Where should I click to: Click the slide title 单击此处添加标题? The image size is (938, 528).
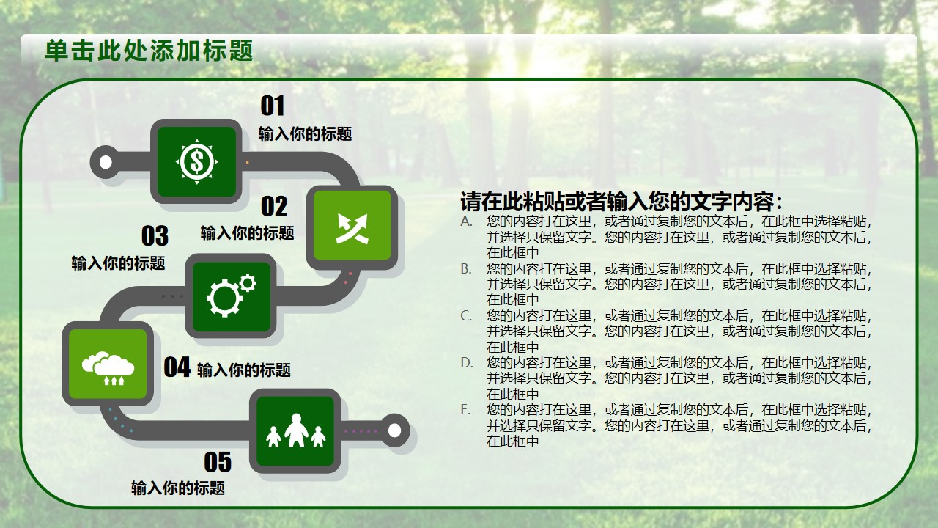pos(149,51)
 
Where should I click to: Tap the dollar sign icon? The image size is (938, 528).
pos(197,161)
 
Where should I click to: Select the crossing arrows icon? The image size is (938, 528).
pos(352,228)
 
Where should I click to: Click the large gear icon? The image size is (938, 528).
pos(224,298)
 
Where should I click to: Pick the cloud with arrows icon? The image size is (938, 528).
pos(108,368)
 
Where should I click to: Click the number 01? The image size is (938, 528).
pos(273,106)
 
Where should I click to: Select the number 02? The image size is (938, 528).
pos(274,206)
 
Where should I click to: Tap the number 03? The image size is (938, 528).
pos(155,236)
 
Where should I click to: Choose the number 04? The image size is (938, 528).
pos(177,367)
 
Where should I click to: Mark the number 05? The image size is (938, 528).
pos(218,462)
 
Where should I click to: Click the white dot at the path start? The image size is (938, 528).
pos(106,162)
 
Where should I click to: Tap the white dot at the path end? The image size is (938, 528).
pos(394,430)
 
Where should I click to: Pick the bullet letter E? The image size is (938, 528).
pos(465,409)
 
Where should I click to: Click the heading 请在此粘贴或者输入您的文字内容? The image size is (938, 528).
pos(621,202)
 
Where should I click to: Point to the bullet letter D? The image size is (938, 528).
pos(467,362)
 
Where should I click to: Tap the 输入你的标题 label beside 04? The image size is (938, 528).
pos(244,370)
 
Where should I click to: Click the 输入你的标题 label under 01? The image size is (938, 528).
pos(306,134)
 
